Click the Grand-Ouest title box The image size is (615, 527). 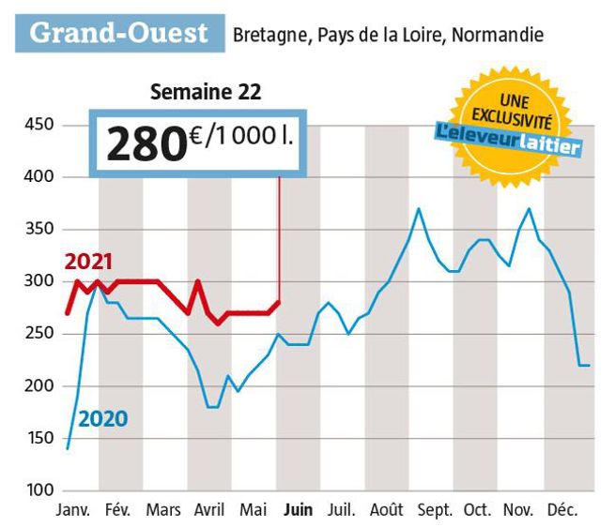pos(117,33)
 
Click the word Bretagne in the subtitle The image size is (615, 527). pos(265,36)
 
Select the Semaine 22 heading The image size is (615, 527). pos(206,92)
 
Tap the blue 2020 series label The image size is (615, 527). pos(102,419)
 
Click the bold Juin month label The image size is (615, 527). pos(298,511)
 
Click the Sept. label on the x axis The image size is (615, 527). pos(433,511)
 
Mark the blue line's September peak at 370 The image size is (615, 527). pos(418,208)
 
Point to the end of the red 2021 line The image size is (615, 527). pos(279,302)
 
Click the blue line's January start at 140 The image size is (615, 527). pos(68,448)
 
